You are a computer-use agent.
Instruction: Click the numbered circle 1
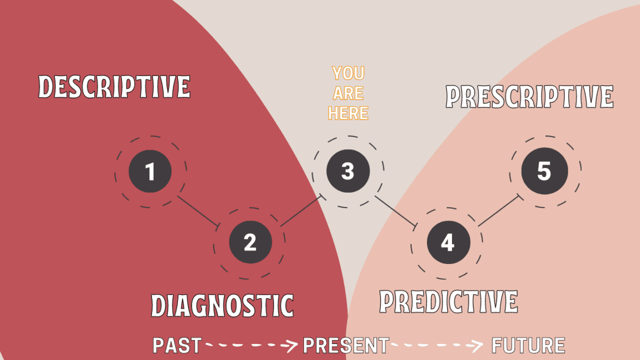point(150,171)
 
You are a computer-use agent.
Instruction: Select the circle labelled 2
point(251,242)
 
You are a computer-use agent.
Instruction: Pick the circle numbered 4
point(448,242)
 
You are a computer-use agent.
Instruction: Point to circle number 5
point(545,171)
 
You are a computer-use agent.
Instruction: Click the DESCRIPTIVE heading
point(114,87)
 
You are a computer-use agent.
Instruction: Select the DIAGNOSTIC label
point(222,306)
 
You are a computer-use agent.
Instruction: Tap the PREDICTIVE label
point(448,302)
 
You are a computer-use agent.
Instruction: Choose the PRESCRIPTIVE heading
point(530,97)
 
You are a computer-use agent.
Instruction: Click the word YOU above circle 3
point(348,73)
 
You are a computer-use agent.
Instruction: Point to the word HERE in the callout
point(348,113)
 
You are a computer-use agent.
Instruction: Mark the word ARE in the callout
point(348,93)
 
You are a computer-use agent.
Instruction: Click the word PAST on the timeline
point(177,346)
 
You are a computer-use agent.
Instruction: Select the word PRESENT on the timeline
point(346,346)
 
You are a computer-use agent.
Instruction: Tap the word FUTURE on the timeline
point(528,346)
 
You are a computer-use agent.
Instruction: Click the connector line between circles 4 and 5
point(498,211)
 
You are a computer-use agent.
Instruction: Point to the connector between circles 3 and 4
point(395,211)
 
